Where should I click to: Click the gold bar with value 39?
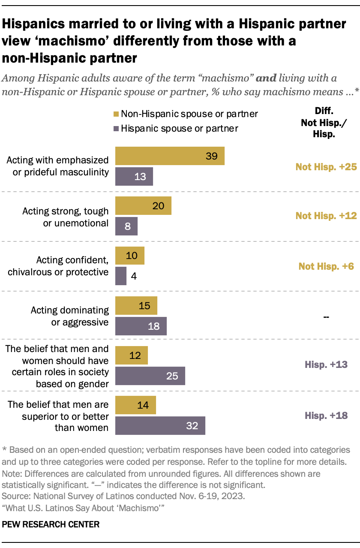(170, 156)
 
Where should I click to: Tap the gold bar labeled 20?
(143, 206)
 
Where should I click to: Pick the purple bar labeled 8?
(126, 226)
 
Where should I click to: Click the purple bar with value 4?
(121, 276)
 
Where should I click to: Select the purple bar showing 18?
(141, 326)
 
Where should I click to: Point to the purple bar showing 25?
(150, 376)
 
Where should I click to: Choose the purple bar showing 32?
(160, 426)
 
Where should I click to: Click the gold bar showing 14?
(135, 405)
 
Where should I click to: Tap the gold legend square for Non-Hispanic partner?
(115, 114)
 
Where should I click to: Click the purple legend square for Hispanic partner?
(115, 128)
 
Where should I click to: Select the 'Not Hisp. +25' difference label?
(326, 167)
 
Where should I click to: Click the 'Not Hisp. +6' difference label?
(326, 266)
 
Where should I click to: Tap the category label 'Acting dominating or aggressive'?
(70, 316)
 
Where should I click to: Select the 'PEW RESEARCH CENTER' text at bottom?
(51, 524)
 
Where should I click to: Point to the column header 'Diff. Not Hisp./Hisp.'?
(318, 122)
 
